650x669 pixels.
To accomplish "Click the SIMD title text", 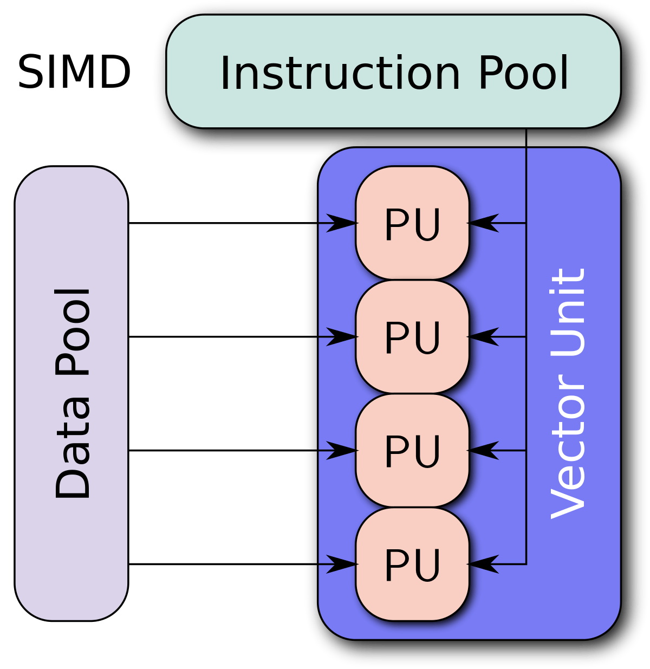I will [x=74, y=73].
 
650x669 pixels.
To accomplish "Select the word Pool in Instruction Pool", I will [x=523, y=73].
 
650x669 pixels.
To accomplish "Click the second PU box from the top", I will [x=412, y=337].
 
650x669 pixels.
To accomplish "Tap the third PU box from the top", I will [x=412, y=451].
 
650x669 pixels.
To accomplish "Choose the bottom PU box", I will [x=412, y=564].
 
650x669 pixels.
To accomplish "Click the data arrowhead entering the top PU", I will [x=341, y=223].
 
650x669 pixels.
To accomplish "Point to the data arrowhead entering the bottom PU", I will [x=341, y=564].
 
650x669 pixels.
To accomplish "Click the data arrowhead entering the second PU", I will [x=341, y=337].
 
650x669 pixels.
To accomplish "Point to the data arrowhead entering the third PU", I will [x=341, y=451].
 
